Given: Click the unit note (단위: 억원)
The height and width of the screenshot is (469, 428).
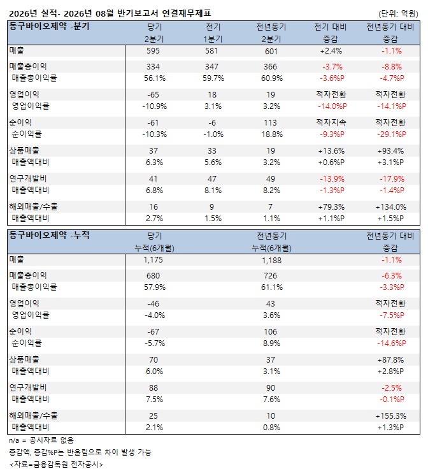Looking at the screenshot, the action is tap(398, 13).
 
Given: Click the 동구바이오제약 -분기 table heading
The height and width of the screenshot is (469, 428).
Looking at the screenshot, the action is tap(49, 26).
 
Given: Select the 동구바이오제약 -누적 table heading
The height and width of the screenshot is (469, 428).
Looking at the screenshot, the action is tap(49, 235).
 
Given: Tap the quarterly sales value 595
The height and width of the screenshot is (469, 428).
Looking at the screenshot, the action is tap(153, 51).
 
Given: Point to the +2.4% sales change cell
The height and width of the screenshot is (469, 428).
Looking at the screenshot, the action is tap(331, 51).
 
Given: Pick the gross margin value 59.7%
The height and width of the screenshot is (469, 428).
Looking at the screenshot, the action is tap(213, 78).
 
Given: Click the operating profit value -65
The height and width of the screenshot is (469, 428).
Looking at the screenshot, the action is tap(153, 95).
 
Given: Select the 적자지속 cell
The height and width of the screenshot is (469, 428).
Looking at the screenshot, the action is tap(331, 122).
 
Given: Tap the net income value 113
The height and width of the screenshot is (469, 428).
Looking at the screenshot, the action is tap(271, 123).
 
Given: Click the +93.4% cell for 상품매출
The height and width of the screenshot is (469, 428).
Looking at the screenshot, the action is tap(390, 151).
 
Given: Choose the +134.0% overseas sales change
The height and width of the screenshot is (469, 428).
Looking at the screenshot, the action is tap(391, 207).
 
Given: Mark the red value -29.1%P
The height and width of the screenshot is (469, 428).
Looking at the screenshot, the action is tap(392, 134).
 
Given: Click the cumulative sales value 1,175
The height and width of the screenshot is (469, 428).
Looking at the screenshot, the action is tap(153, 259).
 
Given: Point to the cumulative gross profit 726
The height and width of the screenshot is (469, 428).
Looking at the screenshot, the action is tap(271, 276).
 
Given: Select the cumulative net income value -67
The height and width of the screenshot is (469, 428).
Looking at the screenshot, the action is tap(153, 332).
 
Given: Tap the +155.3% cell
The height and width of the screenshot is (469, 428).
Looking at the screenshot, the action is tap(391, 415).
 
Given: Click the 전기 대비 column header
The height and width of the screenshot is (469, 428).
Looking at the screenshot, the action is tap(331, 27).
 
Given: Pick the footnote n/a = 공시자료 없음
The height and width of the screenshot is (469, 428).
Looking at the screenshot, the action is tap(41, 440).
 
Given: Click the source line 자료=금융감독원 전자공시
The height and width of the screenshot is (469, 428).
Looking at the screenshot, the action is tap(56, 464).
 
